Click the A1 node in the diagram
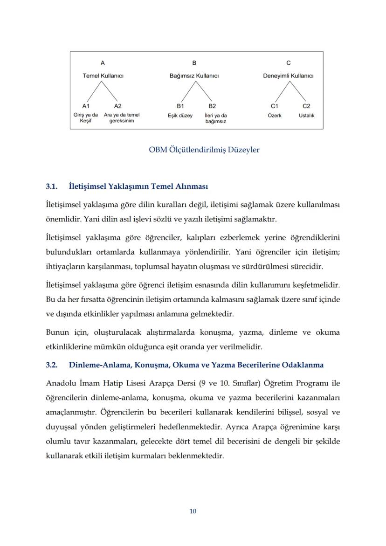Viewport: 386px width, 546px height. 86,106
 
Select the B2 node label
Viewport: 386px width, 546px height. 212,106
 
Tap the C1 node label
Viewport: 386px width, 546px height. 275,106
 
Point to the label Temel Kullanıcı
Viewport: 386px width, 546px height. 103,76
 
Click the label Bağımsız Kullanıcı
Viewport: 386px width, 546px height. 194,76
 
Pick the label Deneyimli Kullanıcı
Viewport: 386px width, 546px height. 288,76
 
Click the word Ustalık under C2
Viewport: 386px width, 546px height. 306,115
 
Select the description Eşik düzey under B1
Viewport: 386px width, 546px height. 180,115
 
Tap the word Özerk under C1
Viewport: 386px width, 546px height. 275,115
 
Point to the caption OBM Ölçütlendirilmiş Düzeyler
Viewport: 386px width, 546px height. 204,150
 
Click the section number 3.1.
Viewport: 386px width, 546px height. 51,186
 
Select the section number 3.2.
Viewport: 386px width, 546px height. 51,365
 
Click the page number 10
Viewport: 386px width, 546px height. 193,511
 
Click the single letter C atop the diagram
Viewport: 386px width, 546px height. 288,63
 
